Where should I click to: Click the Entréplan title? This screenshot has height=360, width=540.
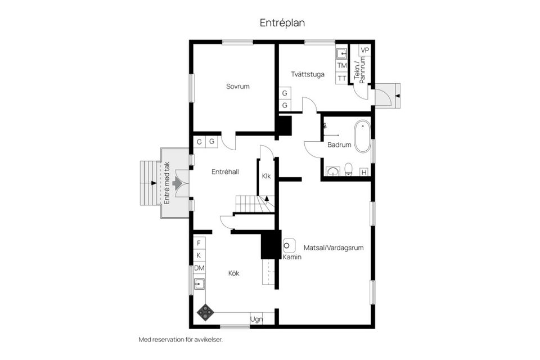tap(282, 22)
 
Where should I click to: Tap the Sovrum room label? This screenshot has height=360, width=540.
tap(237, 86)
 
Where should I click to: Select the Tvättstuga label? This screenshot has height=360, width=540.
tap(308, 74)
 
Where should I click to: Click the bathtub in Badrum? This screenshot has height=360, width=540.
tap(362, 136)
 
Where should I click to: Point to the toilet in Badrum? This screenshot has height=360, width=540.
tap(349, 169)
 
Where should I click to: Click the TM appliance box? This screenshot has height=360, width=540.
tap(342, 65)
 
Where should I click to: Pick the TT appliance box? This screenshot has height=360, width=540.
tap(342, 78)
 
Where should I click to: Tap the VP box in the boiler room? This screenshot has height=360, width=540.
tap(364, 50)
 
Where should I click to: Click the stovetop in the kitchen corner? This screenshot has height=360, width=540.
tap(205, 312)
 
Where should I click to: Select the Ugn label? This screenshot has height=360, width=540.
tap(256, 319)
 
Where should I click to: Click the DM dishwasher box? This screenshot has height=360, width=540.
tap(199, 268)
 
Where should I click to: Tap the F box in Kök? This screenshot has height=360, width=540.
tap(199, 243)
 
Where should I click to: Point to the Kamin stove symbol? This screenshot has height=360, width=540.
tap(289, 246)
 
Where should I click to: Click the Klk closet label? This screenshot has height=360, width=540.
tap(266, 176)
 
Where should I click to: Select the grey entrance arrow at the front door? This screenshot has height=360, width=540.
tap(177, 183)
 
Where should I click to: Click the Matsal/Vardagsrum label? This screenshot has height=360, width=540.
tap(334, 247)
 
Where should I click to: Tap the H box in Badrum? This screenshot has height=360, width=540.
tap(364, 172)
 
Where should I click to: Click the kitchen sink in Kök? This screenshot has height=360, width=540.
tap(199, 284)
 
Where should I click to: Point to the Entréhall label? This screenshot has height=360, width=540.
tap(225, 172)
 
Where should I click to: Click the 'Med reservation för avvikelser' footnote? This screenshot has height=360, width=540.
tap(181, 339)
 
